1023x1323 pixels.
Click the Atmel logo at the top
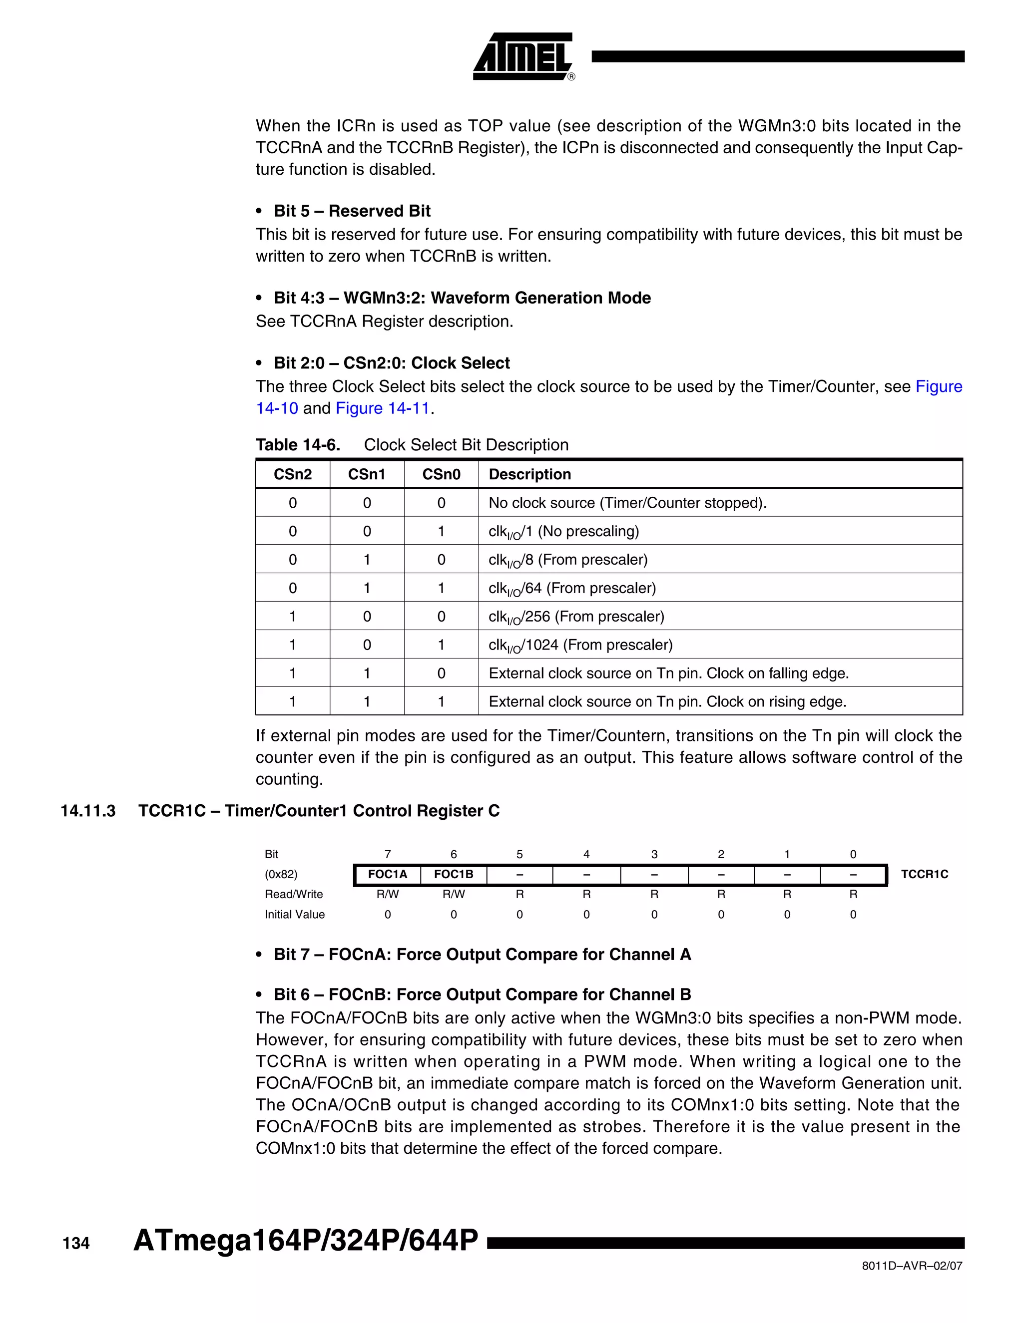tap(523, 56)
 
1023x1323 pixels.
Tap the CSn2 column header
tap(293, 474)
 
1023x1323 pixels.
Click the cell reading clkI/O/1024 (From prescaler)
tap(580, 645)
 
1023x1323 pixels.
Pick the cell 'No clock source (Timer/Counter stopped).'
tap(627, 503)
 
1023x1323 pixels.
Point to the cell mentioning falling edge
tap(668, 673)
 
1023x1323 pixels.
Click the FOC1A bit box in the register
tap(388, 874)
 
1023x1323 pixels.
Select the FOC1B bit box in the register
tap(454, 874)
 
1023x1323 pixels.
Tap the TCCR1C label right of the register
tap(924, 874)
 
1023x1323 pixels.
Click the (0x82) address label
tap(281, 874)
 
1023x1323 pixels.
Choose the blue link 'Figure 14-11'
tap(383, 408)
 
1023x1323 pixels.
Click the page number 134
tap(76, 1244)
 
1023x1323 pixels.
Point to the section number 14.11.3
tap(88, 811)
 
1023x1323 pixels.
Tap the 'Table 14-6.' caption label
tap(298, 445)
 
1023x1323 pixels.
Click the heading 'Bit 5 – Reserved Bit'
tap(352, 211)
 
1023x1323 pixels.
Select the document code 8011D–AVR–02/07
tap(912, 1266)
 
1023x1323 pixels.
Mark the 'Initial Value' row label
tap(295, 914)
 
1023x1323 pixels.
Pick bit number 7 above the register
tap(388, 854)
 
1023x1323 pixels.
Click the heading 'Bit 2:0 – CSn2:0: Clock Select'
tap(392, 363)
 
